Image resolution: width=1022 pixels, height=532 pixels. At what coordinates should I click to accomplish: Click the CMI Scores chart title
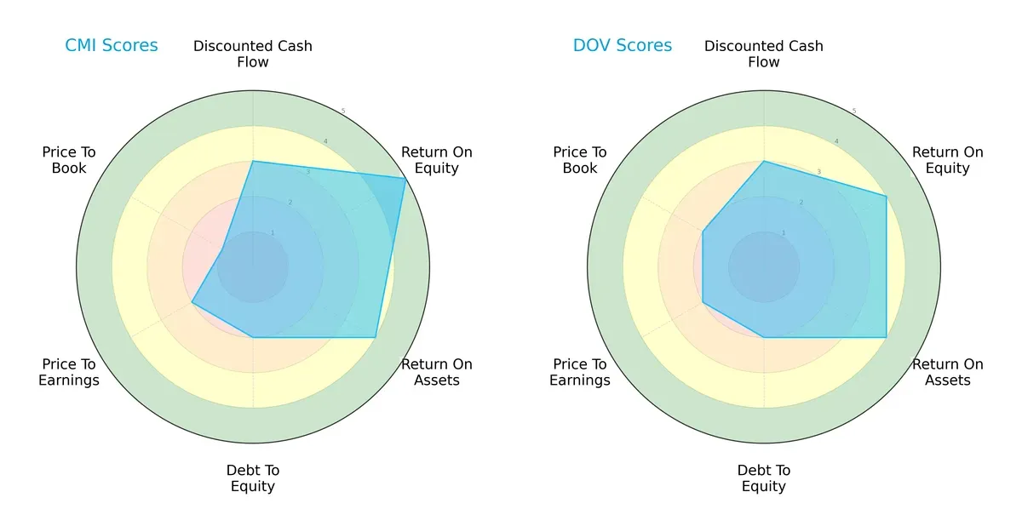pyautogui.click(x=112, y=46)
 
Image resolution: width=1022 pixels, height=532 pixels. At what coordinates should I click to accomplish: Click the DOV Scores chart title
pyautogui.click(x=623, y=46)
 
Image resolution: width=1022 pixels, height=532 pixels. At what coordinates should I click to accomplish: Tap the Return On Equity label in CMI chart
pyautogui.click(x=437, y=160)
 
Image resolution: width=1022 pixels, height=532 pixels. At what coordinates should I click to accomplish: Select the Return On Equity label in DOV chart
pyautogui.click(x=948, y=160)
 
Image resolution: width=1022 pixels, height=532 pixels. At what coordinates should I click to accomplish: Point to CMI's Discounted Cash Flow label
pyautogui.click(x=253, y=54)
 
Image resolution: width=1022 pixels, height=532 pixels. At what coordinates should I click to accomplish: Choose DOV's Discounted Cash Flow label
pyautogui.click(x=764, y=54)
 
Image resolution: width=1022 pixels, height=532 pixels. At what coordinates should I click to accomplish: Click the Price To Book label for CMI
pyautogui.click(x=69, y=160)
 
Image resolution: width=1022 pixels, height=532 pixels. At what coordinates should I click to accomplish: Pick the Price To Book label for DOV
pyautogui.click(x=580, y=160)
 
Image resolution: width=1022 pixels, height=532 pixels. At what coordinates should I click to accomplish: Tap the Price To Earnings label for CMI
pyautogui.click(x=69, y=372)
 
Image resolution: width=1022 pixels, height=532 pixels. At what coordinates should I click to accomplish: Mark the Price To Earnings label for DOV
pyautogui.click(x=580, y=372)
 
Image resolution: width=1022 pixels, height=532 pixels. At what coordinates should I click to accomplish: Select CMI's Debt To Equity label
pyautogui.click(x=253, y=478)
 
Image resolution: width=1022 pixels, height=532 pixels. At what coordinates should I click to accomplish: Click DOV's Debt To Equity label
pyautogui.click(x=764, y=478)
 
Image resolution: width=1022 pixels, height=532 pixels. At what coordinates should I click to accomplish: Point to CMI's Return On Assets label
pyautogui.click(x=437, y=372)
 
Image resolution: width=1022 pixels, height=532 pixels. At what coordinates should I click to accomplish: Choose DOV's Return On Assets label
pyautogui.click(x=948, y=372)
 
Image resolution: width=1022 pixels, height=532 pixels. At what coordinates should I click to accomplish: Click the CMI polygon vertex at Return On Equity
pyautogui.click(x=405, y=178)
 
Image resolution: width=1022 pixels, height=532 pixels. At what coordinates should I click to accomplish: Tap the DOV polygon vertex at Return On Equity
pyautogui.click(x=887, y=197)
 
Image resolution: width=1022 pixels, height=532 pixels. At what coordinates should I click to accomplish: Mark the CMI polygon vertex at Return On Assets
pyautogui.click(x=376, y=337)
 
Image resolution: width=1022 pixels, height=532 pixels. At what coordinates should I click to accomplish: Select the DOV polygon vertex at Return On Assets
pyautogui.click(x=887, y=337)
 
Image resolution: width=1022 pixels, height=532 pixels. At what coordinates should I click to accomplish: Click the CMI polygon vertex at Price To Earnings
pyautogui.click(x=192, y=302)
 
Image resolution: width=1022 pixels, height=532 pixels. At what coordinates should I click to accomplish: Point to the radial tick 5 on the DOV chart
pyautogui.click(x=854, y=112)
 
